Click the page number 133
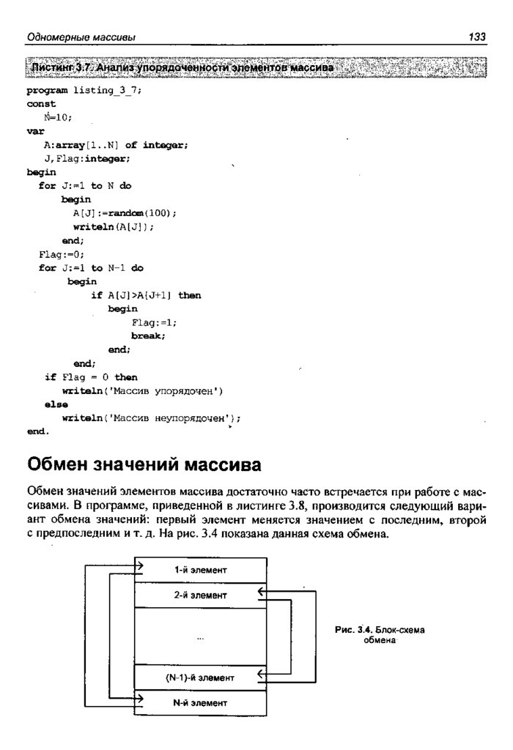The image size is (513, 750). coord(477,37)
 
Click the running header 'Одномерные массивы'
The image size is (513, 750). coord(81,37)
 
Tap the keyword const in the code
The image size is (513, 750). coord(41,104)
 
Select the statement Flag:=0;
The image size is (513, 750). coord(56,254)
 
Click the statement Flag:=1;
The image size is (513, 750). coord(154,322)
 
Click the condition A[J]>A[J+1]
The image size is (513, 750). coord(139,295)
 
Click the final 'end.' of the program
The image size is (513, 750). coord(38,431)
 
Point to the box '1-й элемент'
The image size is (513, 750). coord(200,569)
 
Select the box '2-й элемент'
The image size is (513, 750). coord(200,595)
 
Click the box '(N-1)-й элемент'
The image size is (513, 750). coord(200,677)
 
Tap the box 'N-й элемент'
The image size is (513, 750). coord(200,702)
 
